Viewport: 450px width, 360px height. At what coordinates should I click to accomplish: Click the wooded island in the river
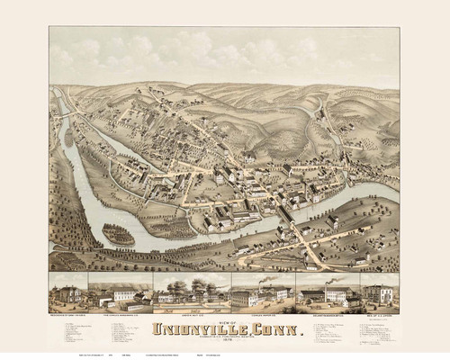[119, 235]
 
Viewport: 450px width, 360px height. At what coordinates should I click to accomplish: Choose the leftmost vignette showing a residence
[67, 292]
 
